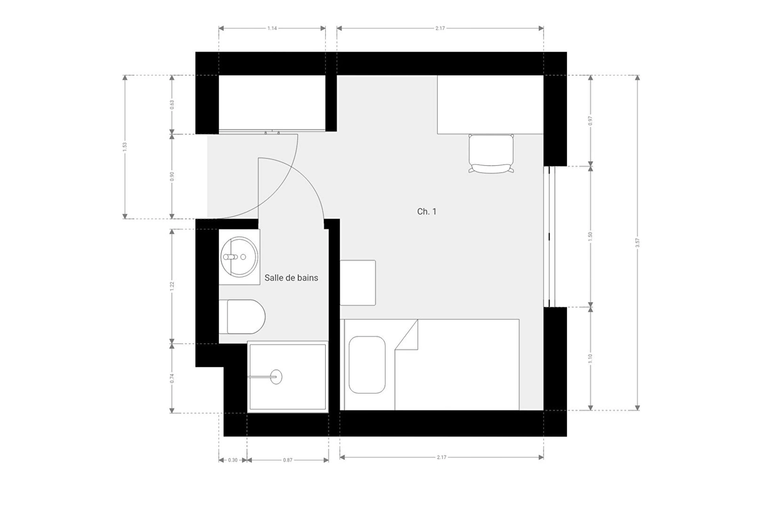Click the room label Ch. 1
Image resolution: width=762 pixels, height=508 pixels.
pyautogui.click(x=427, y=212)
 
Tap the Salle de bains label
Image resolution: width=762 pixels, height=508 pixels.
pyautogui.click(x=291, y=278)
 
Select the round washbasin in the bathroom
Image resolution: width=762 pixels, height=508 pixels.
pyautogui.click(x=239, y=257)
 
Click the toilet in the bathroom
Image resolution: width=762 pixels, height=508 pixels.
pyautogui.click(x=242, y=317)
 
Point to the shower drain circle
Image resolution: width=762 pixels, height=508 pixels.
pyautogui.click(x=276, y=376)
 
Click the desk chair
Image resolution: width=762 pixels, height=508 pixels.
pyautogui.click(x=491, y=154)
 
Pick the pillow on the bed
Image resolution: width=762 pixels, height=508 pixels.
pyautogui.click(x=367, y=365)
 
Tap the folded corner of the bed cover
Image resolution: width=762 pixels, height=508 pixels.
pyautogui.click(x=406, y=335)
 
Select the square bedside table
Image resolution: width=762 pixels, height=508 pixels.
pyautogui.click(x=358, y=283)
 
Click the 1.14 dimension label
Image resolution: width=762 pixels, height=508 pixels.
pyautogui.click(x=272, y=28)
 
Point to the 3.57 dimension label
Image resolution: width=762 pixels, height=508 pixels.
pyautogui.click(x=637, y=243)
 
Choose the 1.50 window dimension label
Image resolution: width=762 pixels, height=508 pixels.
pyautogui.click(x=590, y=237)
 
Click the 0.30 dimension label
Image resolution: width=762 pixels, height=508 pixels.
pyautogui.click(x=233, y=460)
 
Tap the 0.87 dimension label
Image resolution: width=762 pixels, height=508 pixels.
pyautogui.click(x=288, y=460)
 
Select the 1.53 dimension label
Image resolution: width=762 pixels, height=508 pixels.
pyautogui.click(x=125, y=147)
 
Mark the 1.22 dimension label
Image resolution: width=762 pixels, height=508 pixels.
pyautogui.click(x=172, y=286)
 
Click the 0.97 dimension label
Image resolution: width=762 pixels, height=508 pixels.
pyautogui.click(x=590, y=121)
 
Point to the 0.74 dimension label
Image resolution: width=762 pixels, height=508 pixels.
pyautogui.click(x=172, y=378)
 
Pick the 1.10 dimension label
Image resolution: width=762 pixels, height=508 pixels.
pyautogui.click(x=590, y=358)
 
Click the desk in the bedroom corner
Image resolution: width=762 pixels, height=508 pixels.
pyautogui.click(x=491, y=104)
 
